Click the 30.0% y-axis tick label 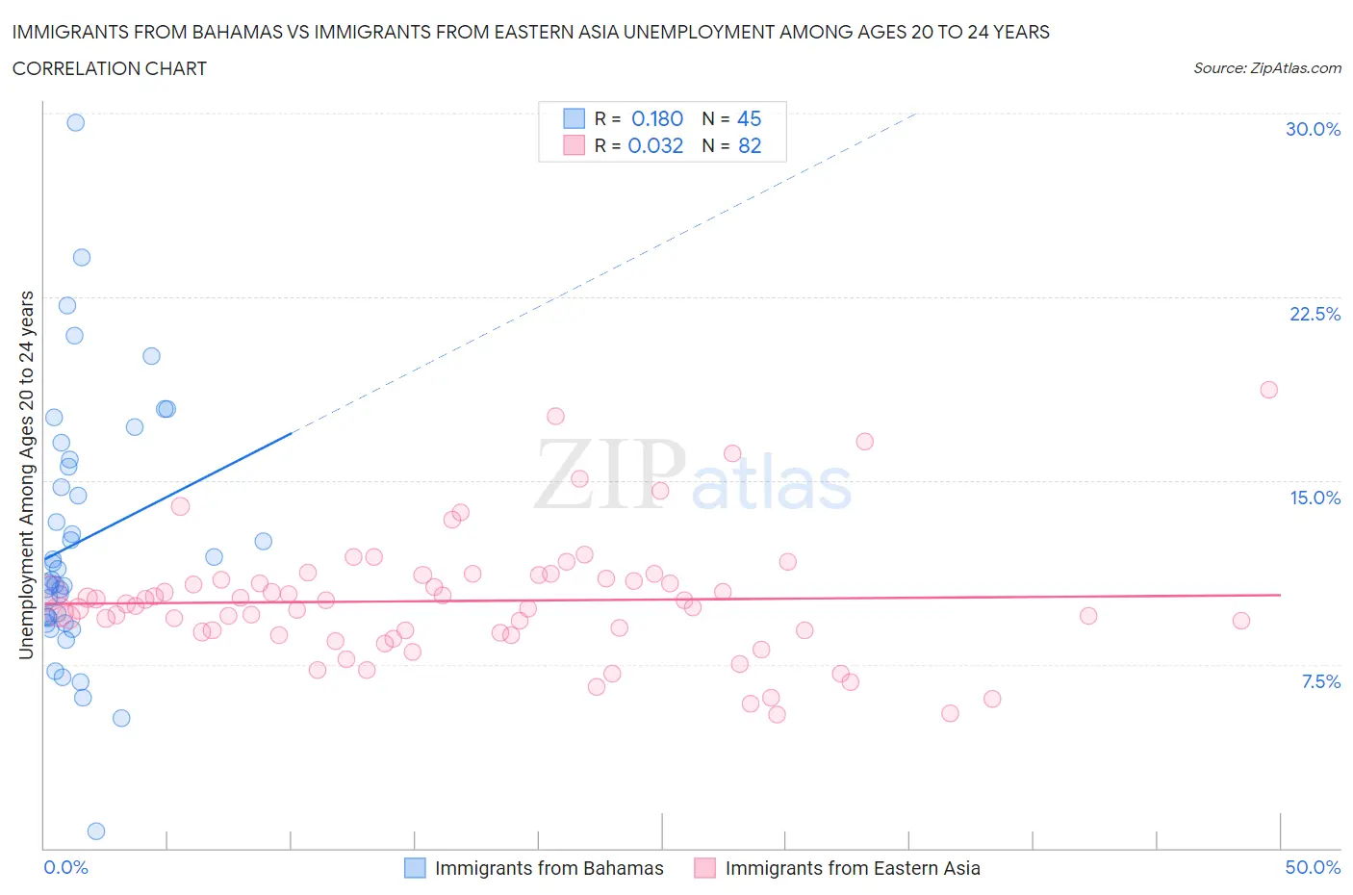click(x=1313, y=129)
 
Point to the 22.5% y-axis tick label click(x=1315, y=314)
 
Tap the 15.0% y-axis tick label click(x=1315, y=498)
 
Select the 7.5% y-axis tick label click(x=1320, y=681)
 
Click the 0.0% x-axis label click(x=65, y=867)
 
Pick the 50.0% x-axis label click(x=1313, y=867)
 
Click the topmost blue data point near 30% click(x=75, y=122)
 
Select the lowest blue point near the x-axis click(x=96, y=831)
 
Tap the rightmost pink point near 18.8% click(x=1268, y=390)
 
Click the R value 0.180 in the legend click(x=656, y=118)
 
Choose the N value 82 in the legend click(x=749, y=145)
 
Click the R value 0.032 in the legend click(x=655, y=145)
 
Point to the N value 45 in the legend click(x=749, y=118)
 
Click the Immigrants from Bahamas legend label click(x=549, y=868)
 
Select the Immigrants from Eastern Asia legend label click(x=852, y=868)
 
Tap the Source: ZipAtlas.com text click(x=1266, y=67)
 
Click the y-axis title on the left click(x=26, y=474)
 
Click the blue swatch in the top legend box click(x=574, y=118)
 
